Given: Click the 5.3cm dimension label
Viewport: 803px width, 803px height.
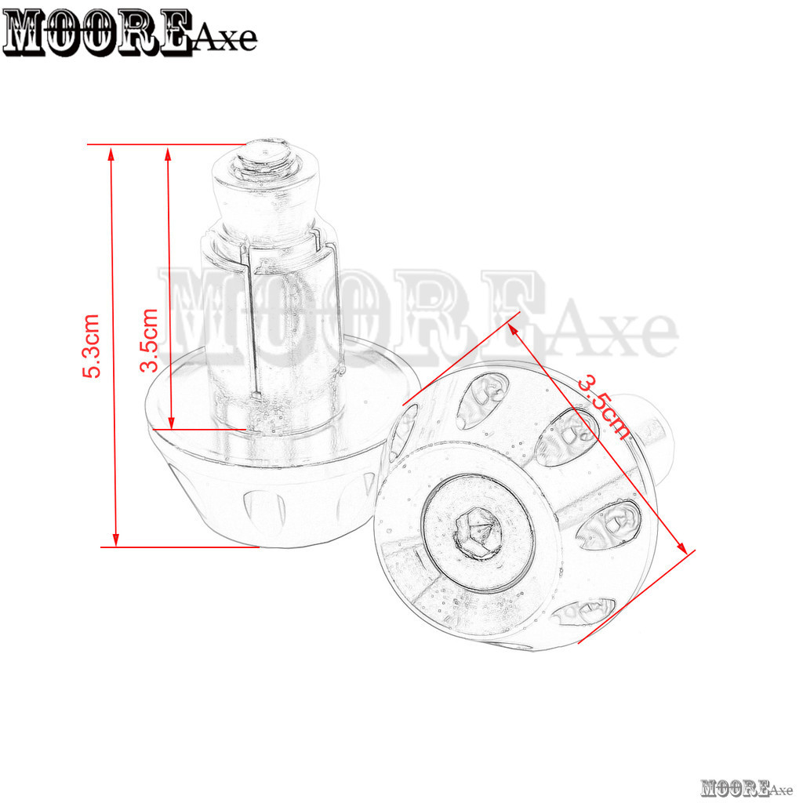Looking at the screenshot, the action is [91, 346].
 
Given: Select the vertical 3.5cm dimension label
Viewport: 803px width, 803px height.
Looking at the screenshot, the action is [149, 340].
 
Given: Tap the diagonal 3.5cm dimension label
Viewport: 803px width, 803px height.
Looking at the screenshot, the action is [604, 408].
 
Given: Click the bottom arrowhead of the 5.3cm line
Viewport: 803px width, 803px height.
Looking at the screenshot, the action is [116, 539].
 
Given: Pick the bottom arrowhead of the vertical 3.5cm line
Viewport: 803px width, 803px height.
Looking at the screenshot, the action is [172, 421].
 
